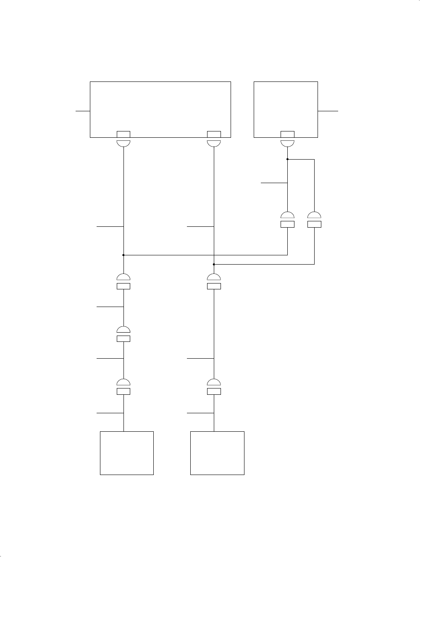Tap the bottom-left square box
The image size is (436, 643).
(126, 453)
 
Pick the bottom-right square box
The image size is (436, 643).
(217, 453)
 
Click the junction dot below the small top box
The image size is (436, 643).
(287, 159)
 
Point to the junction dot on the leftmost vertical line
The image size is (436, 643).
(123, 255)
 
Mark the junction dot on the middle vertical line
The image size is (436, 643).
(214, 264)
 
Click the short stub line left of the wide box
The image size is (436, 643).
(83, 111)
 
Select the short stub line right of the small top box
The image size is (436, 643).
(328, 111)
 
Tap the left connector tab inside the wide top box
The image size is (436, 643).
(123, 134)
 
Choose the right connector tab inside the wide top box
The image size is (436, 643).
(214, 134)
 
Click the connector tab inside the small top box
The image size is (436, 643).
(287, 134)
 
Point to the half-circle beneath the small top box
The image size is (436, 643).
(287, 143)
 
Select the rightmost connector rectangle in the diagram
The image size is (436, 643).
(314, 224)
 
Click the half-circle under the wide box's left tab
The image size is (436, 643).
(123, 143)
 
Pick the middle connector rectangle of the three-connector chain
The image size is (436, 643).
(123, 339)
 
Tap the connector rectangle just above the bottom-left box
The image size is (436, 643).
(123, 391)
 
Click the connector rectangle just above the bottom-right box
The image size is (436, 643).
(214, 391)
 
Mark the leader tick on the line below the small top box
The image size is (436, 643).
(274, 183)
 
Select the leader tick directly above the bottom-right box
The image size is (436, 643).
(200, 413)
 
